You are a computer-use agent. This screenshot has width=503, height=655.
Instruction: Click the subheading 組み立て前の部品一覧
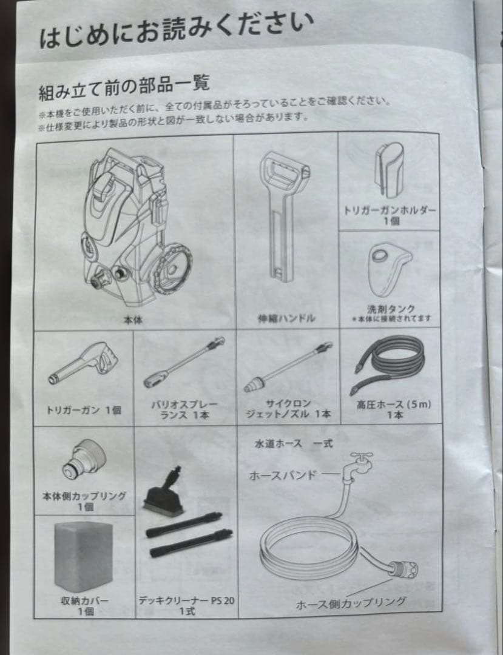tap(124, 87)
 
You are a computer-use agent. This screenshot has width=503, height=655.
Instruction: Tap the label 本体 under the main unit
tap(133, 320)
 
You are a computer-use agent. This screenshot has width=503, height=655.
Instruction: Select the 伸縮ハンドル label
tap(286, 318)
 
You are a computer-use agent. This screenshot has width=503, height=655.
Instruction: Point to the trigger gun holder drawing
tap(389, 170)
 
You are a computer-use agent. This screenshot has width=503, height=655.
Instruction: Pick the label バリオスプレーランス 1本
tap(184, 410)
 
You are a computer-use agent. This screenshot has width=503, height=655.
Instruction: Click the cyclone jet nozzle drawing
tap(288, 367)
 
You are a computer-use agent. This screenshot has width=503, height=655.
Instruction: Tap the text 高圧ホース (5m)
tap(394, 405)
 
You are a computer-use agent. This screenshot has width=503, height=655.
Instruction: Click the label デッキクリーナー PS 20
tap(186, 601)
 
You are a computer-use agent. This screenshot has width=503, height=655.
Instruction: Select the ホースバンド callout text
tap(282, 475)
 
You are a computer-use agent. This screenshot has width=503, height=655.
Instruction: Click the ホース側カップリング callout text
tap(351, 603)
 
